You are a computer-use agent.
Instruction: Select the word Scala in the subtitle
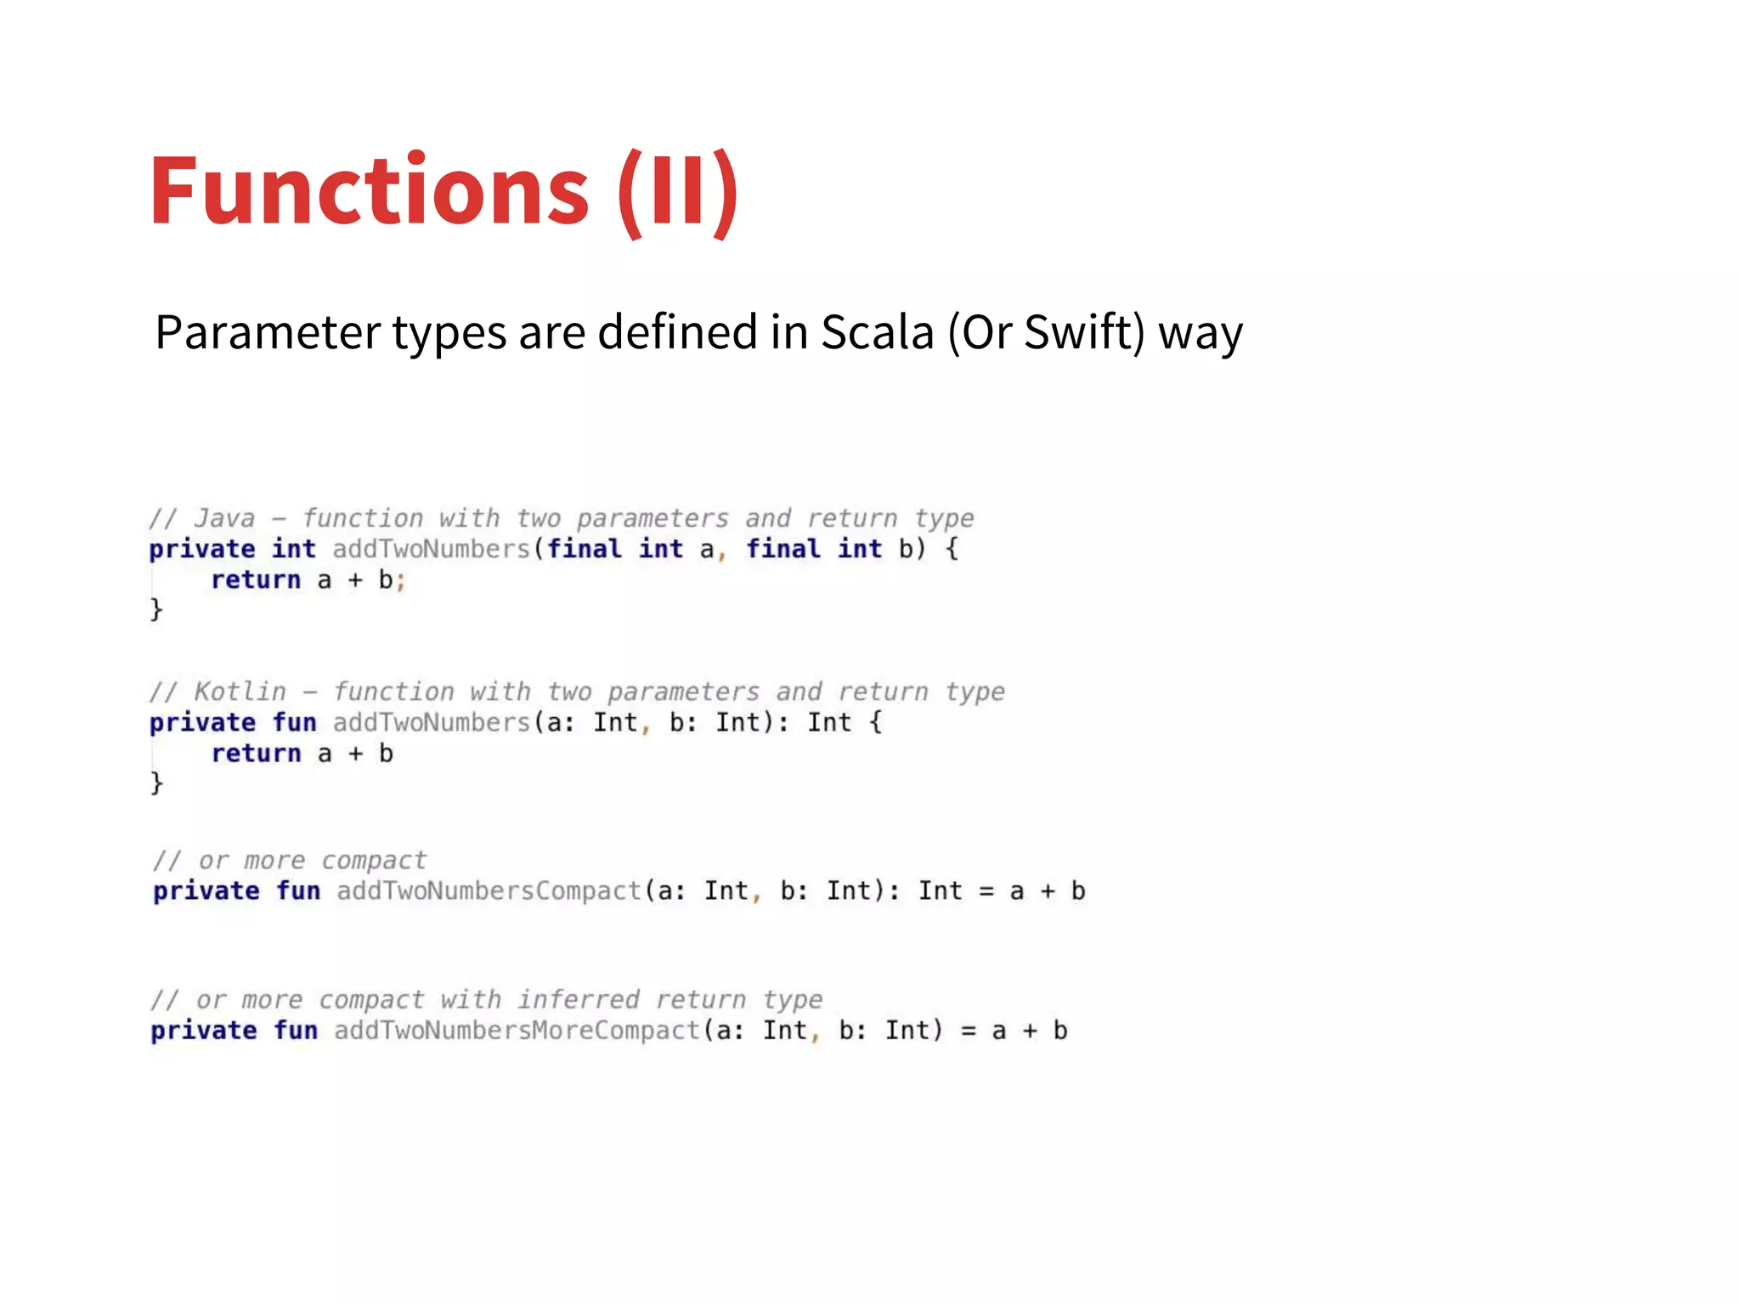877,332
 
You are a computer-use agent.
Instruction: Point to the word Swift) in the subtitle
1084,332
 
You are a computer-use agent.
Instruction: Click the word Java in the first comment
224,518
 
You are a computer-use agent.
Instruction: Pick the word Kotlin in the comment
240,692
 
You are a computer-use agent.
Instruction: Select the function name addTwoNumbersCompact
489,891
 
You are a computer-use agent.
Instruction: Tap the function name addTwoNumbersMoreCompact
517,1031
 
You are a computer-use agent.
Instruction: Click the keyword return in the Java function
256,580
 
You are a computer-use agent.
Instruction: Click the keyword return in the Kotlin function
256,754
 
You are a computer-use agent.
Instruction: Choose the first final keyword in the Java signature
584,549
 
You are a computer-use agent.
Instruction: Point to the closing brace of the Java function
156,610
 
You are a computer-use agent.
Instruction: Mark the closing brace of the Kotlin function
156,783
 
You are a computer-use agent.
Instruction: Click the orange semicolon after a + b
401,582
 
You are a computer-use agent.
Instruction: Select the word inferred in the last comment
579,999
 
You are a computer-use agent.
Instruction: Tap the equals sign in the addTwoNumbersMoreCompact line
969,1031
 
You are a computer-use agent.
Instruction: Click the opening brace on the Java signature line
952,549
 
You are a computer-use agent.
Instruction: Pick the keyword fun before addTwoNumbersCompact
298,891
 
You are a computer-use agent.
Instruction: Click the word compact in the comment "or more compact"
374,861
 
